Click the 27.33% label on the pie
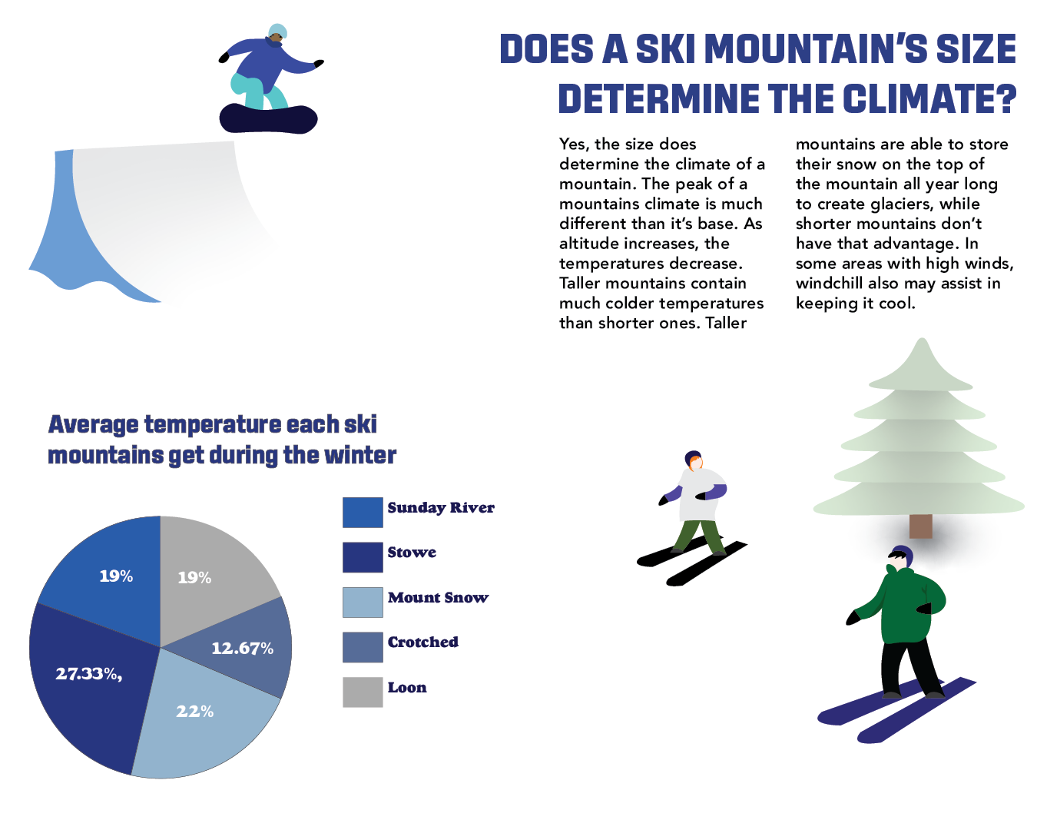coord(88,674)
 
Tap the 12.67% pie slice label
coord(243,648)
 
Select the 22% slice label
coord(194,712)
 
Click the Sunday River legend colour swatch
coord(363,512)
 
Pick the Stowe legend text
coord(412,553)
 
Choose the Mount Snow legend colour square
coord(363,602)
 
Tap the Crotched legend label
coord(423,642)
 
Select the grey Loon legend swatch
coord(363,692)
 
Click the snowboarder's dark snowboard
coord(268,119)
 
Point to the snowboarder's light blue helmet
coord(277,30)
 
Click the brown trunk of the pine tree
coord(920,526)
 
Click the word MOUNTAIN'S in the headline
coord(818,48)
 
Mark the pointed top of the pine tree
coord(922,339)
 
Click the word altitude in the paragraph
coord(589,244)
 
